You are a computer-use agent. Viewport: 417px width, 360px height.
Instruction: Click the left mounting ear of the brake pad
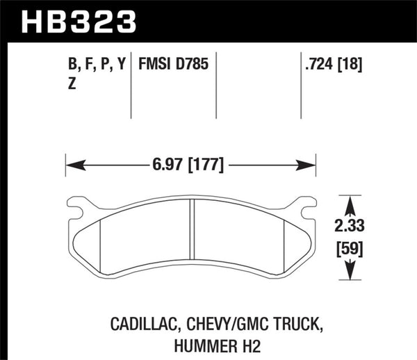coord(77,206)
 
